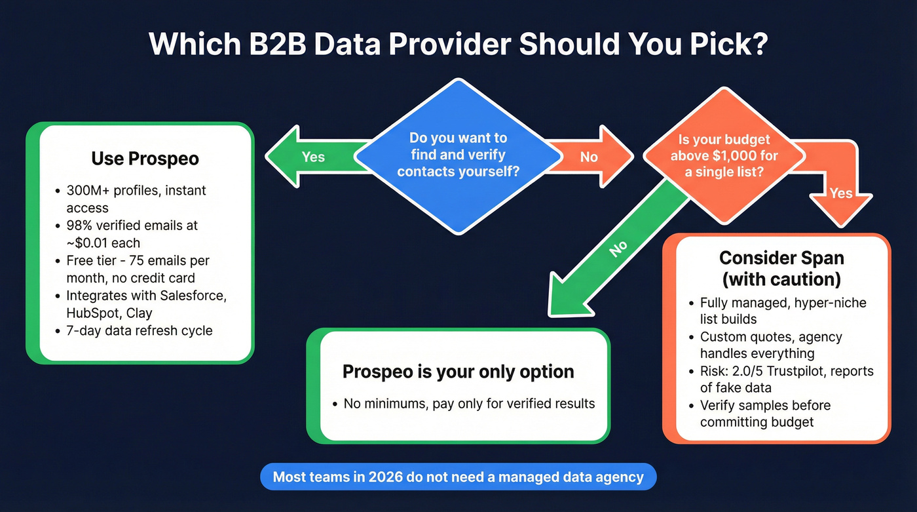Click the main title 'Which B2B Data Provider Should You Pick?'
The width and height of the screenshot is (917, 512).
pyautogui.click(x=458, y=44)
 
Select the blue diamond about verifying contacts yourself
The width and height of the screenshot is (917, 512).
pyautogui.click(x=458, y=155)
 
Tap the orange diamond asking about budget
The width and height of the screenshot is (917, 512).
pyautogui.click(x=724, y=155)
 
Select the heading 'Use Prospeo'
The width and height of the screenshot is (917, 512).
pyautogui.click(x=145, y=159)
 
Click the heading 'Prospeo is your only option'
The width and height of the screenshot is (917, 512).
pyautogui.click(x=458, y=372)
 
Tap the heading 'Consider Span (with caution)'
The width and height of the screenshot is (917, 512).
pyautogui.click(x=781, y=267)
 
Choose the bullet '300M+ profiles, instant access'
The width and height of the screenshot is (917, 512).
pyautogui.click(x=136, y=199)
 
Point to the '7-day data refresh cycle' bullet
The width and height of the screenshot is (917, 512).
pyautogui.click(x=139, y=330)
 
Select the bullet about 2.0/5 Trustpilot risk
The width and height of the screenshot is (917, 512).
pyautogui.click(x=786, y=380)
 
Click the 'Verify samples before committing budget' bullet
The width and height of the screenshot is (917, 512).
pyautogui.click(x=765, y=414)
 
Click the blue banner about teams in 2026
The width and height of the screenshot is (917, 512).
pyautogui.click(x=458, y=477)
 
